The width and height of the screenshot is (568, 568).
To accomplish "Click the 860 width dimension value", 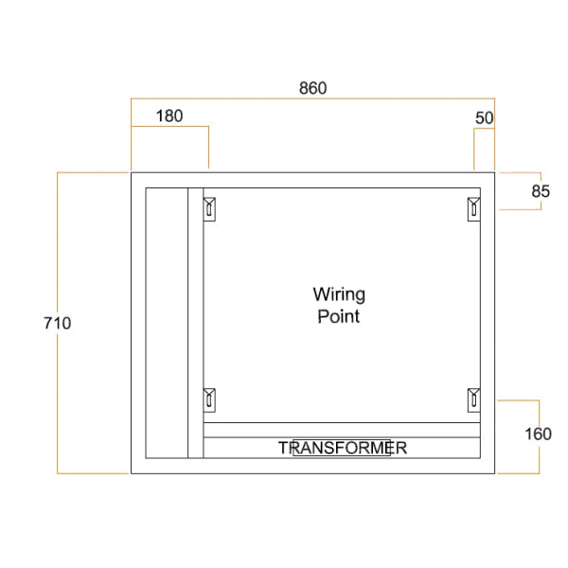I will tap(312, 88).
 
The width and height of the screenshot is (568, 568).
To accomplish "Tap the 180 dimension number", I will tap(169, 116).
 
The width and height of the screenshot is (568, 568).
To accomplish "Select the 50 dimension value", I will tap(484, 117).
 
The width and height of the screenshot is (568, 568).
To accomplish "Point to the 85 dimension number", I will tap(540, 190).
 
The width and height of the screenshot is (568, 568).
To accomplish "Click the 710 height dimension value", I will tap(57, 323).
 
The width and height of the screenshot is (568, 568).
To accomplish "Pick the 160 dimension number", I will tap(537, 435).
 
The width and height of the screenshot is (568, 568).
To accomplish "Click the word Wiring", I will tap(339, 295).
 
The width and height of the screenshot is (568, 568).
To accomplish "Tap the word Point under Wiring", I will tap(338, 316).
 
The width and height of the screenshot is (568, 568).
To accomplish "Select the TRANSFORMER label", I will tap(342, 448).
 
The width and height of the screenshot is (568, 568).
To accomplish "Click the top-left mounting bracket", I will tap(210, 207).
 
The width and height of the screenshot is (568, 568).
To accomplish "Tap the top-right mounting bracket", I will tap(473, 207).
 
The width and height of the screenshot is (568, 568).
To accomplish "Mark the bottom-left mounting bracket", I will tap(210, 399).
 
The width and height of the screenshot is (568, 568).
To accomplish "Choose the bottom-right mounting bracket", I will tap(473, 399).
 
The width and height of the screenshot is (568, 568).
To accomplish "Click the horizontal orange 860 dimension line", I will tap(312, 98).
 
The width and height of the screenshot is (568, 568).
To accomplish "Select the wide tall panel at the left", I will tap(166, 323).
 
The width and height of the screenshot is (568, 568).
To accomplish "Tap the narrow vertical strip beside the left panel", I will tap(195, 323).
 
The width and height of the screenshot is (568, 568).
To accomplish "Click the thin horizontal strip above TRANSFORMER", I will tap(342, 430).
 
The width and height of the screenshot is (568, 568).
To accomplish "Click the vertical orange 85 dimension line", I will tap(541, 204).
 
